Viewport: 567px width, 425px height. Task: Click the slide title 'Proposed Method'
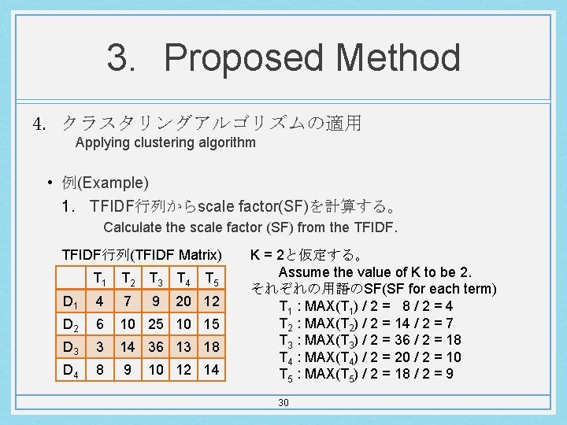(283, 58)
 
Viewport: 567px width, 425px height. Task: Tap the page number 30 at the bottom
(283, 403)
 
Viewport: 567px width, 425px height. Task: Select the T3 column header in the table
(156, 279)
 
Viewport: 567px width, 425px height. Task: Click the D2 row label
(71, 324)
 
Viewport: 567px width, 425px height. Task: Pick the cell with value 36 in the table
(156, 347)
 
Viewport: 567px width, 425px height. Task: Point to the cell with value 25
(156, 324)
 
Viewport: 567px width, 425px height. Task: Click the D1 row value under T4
(183, 301)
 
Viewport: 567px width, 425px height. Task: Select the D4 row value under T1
(99, 370)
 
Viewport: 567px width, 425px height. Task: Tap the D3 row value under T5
(211, 347)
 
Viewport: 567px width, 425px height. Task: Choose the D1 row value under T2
(127, 301)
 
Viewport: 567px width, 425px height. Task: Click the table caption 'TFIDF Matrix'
(143, 255)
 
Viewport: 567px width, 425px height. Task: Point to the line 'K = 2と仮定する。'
(307, 256)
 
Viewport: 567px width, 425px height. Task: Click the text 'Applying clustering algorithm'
(165, 142)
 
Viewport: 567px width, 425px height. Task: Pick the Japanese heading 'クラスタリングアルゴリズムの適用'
(210, 123)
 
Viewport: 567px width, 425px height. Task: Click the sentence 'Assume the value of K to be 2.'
(375, 272)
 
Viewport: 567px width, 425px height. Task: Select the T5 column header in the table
(211, 279)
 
